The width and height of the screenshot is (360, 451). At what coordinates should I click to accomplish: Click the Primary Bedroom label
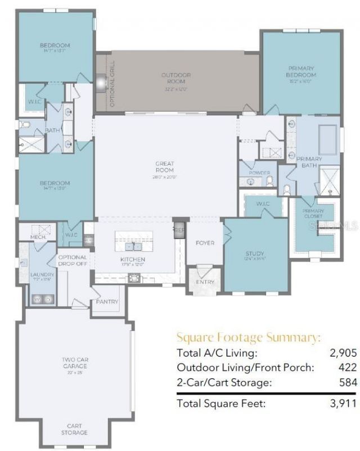[x=301, y=71]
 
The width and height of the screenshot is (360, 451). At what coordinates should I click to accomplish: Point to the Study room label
[x=255, y=254]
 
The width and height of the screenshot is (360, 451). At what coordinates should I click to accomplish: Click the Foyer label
[x=205, y=243]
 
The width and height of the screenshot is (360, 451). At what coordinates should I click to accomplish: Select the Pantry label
[x=107, y=302]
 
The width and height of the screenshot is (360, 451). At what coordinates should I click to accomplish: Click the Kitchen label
[x=133, y=259]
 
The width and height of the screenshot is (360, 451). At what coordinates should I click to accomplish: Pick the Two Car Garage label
[x=75, y=362]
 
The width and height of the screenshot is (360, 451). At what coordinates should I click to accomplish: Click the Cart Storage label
[x=74, y=430]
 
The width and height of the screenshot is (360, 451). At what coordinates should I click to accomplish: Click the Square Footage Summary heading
[x=248, y=337]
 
